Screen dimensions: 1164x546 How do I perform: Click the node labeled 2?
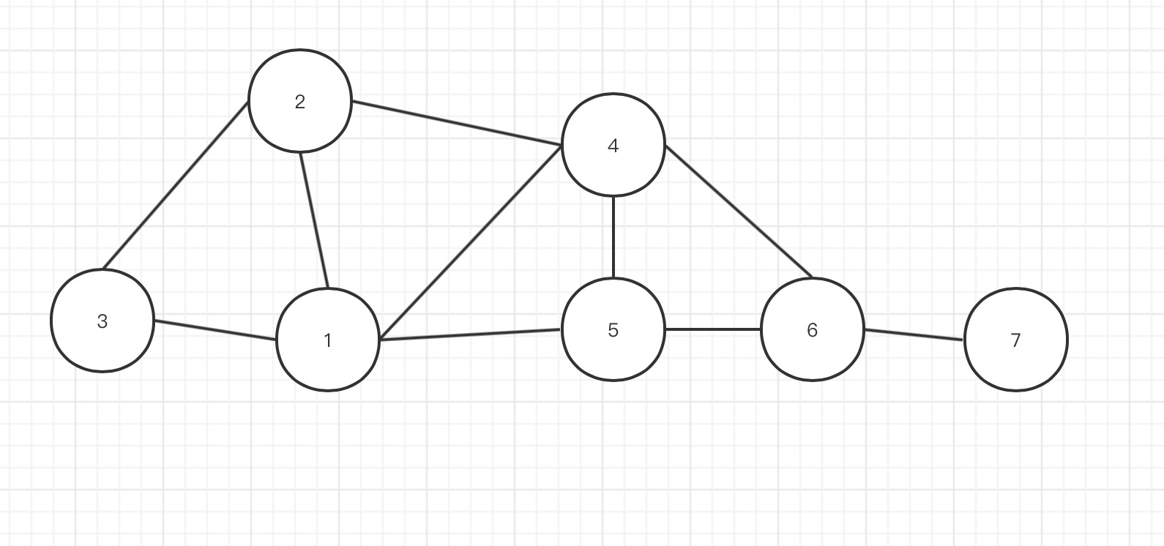pyautogui.click(x=300, y=101)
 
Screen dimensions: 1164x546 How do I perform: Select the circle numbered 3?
pyautogui.click(x=102, y=321)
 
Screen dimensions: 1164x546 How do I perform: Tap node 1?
pyautogui.click(x=328, y=340)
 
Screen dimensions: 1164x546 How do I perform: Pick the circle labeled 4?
pyautogui.click(x=613, y=145)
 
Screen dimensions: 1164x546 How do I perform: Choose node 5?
pyautogui.click(x=613, y=329)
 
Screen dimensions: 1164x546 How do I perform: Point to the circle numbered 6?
pyautogui.click(x=813, y=329)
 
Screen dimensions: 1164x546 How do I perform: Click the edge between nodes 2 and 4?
pyautogui.click(x=457, y=124)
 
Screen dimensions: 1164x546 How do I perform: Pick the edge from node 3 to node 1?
pyautogui.click(x=215, y=330)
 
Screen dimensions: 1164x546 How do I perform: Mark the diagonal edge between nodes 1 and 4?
pyautogui.click(x=471, y=243)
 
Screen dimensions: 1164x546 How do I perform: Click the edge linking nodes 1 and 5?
pyautogui.click(x=470, y=335)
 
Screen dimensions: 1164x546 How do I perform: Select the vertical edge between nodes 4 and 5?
pyautogui.click(x=613, y=237)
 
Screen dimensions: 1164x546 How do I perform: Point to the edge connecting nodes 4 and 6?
pyautogui.click(x=739, y=213)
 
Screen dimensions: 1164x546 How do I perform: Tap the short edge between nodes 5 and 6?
pyautogui.click(x=713, y=329)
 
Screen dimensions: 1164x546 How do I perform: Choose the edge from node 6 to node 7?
pyautogui.click(x=914, y=334)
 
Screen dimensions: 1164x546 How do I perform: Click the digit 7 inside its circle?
pyautogui.click(x=1015, y=340)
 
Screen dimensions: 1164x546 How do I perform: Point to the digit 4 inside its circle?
pyautogui.click(x=613, y=146)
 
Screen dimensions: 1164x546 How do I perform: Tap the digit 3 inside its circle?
pyautogui.click(x=102, y=321)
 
